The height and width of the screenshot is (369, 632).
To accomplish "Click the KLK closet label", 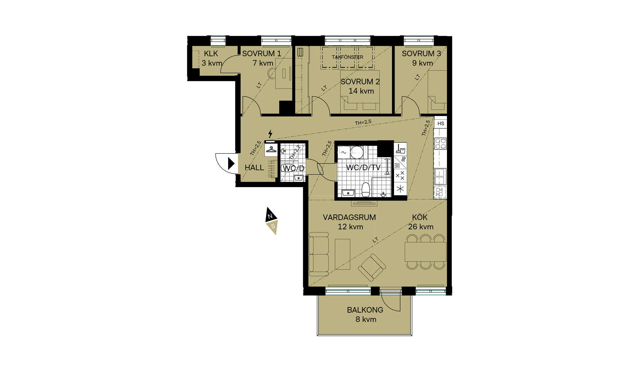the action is tap(211, 54).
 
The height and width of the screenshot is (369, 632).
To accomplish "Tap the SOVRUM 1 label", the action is tap(262, 53).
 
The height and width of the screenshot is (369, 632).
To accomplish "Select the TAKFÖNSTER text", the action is tap(347, 57).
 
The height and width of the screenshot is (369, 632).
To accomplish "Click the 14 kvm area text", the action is tap(361, 91).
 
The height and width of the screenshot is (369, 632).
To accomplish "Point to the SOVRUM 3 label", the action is tap(421, 53).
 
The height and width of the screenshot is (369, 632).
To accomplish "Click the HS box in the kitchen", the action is tap(441, 124).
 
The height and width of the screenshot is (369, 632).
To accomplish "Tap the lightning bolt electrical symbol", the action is tap(270, 134).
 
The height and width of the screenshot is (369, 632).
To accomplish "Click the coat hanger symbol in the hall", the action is tap(271, 150).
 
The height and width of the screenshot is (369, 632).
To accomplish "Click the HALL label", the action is tap(254, 168).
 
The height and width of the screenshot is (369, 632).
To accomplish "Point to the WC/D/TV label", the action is tap(363, 167).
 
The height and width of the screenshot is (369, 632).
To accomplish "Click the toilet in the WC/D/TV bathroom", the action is tap(366, 190).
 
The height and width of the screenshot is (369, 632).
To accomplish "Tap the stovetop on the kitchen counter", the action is tap(440, 143).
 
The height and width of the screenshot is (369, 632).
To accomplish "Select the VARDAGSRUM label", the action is tap(349, 217).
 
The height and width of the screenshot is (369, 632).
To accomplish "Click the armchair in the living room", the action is tap(372, 267).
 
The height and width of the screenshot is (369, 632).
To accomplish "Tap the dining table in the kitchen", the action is tap(425, 252).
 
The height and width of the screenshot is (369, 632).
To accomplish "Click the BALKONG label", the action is tap(365, 310).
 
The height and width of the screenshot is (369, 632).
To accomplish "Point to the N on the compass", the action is tap(270, 216).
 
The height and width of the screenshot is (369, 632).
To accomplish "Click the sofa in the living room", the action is tap(319, 254).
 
